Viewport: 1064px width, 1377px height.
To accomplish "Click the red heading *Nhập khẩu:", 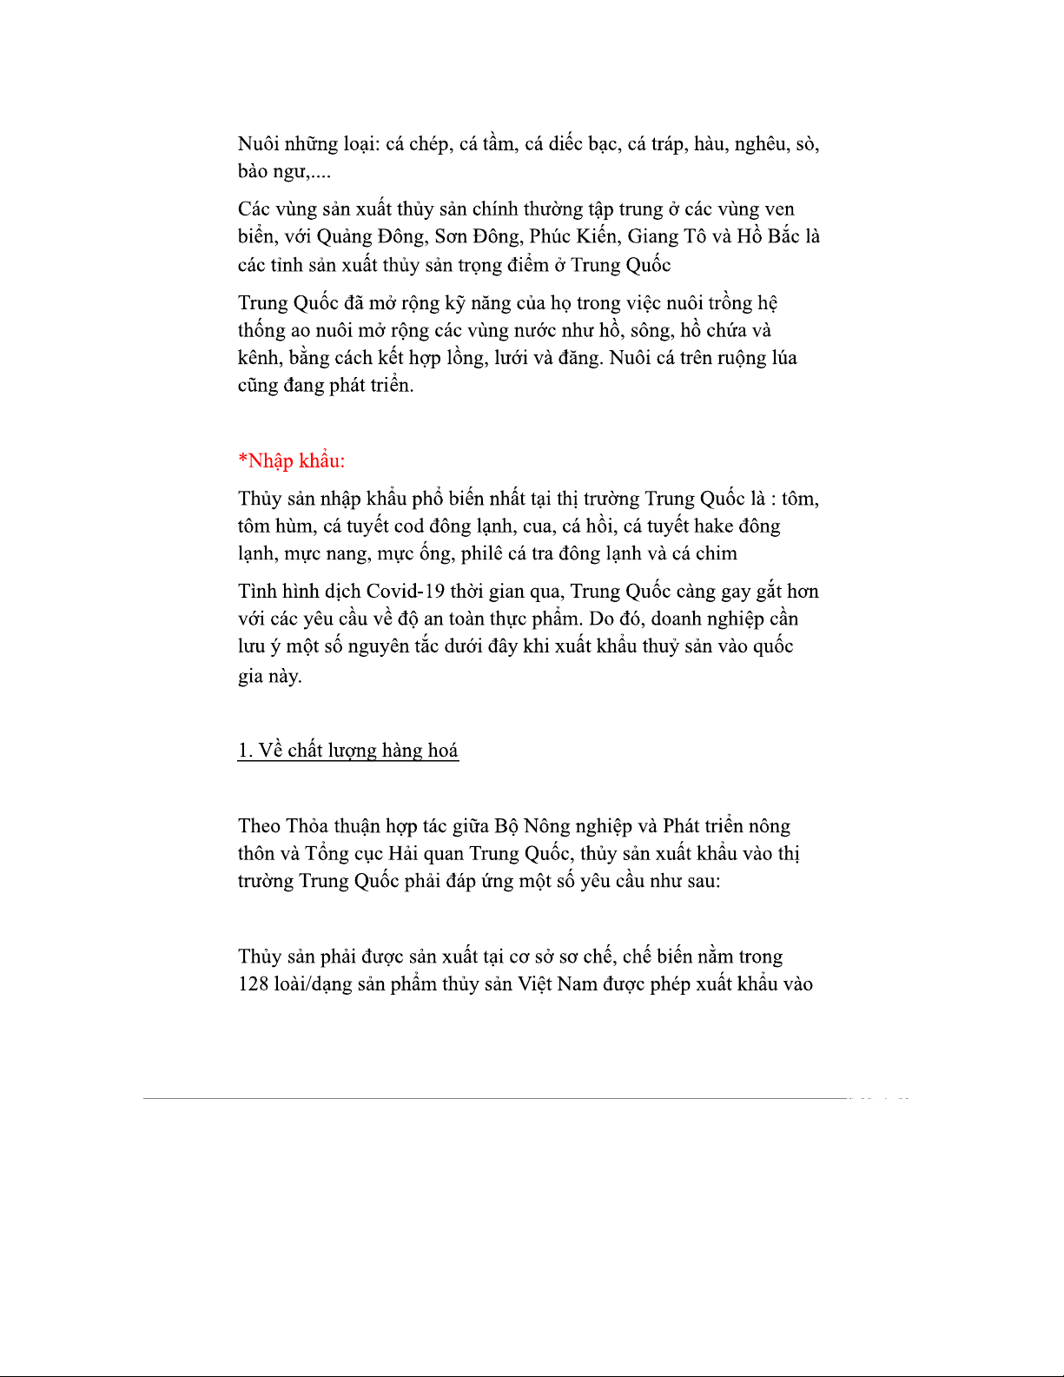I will click(291, 460).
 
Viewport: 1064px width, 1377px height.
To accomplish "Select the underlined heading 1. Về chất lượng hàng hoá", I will click(347, 751).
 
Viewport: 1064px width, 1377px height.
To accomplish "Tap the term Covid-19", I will click(406, 592).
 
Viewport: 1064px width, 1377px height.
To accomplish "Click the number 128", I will click(253, 984).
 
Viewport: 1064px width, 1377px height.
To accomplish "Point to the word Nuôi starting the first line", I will click(259, 144).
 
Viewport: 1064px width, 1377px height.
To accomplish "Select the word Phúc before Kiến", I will click(550, 236).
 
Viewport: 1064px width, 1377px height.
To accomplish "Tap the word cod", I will click(408, 526).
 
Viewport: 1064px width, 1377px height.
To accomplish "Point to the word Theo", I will click(259, 826).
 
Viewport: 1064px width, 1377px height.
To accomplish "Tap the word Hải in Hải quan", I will click(403, 853).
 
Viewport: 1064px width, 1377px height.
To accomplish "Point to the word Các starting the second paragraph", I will click(254, 209).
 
